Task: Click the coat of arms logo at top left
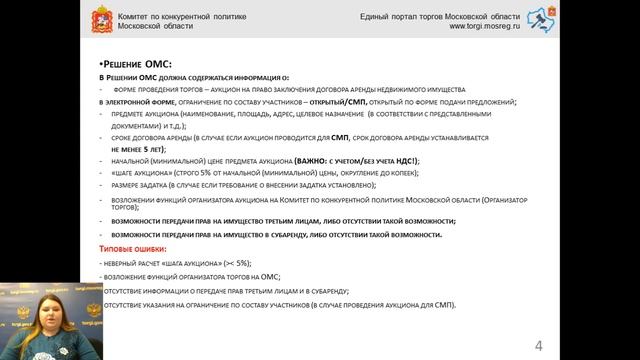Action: click(98, 22)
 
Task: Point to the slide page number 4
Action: click(539, 346)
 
